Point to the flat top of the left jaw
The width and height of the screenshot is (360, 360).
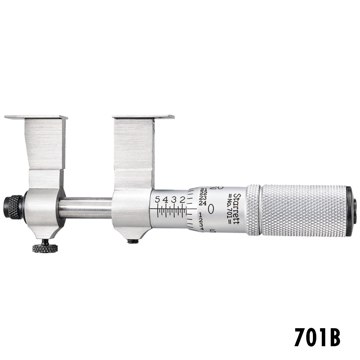[36, 116]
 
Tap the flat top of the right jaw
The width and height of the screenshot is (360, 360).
[143, 116]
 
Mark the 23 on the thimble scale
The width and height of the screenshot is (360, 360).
[202, 198]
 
